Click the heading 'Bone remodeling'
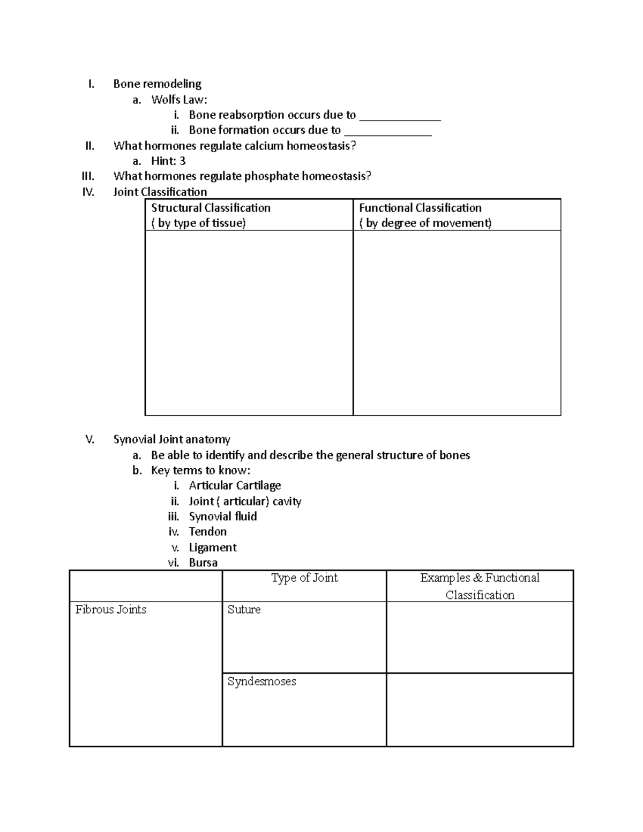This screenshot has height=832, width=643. (157, 84)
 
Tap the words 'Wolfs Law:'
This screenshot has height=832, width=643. (179, 99)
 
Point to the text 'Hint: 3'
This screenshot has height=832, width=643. (168, 161)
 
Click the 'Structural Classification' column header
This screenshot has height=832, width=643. (211, 208)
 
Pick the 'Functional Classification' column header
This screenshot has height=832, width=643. (420, 208)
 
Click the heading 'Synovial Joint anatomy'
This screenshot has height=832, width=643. (171, 439)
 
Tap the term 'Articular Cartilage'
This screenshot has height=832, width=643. (235, 485)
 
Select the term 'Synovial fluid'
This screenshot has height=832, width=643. (223, 516)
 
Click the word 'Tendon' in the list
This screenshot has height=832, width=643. (207, 531)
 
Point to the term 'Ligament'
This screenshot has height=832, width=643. (213, 548)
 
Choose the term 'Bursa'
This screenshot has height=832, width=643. (203, 563)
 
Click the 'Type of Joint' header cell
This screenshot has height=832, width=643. (304, 578)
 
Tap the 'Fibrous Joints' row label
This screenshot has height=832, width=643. (111, 610)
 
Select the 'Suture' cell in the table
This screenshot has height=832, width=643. (244, 610)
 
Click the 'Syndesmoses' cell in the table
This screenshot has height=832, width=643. (261, 681)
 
